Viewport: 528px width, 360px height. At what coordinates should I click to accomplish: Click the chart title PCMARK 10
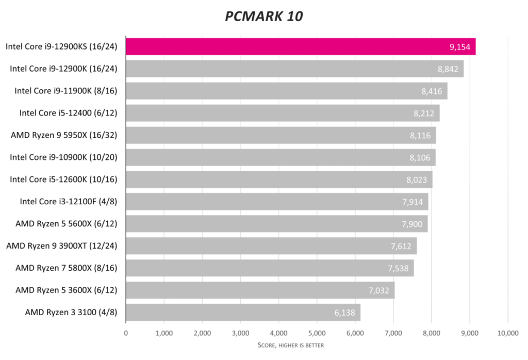coord(263,17)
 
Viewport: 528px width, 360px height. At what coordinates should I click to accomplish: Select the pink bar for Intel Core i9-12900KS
coord(300,46)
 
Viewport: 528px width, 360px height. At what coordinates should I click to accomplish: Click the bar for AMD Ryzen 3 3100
coord(243,313)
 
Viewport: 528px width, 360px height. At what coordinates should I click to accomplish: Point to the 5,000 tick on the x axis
coord(317,333)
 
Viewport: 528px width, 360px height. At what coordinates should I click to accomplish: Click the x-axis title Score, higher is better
coord(291,345)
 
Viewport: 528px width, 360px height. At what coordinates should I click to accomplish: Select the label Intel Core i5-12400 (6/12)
coord(68,113)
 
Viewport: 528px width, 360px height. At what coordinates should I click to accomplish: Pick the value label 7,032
coord(379,290)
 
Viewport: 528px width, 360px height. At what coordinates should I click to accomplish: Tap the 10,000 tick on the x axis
coord(508,333)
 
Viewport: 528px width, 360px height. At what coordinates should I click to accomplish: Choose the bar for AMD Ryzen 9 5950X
coord(280,135)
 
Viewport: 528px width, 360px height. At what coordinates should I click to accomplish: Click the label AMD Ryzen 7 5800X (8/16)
coord(66,268)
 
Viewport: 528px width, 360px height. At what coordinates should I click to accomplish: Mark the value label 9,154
coord(460,47)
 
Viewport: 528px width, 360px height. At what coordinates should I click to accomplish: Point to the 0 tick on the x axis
coord(126,333)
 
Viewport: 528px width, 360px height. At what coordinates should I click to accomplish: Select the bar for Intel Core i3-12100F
coord(277,202)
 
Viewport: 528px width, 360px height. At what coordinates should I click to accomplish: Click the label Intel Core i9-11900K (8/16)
coord(65,91)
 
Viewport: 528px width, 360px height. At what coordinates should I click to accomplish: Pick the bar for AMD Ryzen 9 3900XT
coord(271,246)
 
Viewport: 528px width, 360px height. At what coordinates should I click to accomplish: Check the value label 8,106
coord(420,158)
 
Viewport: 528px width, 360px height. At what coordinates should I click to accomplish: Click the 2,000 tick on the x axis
coord(202,333)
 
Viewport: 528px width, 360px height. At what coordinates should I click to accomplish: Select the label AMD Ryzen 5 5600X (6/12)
coord(66,224)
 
